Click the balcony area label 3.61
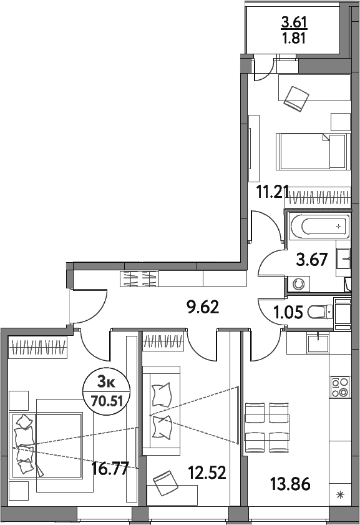click(294, 22)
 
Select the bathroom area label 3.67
click(312, 260)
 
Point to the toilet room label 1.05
click(288, 312)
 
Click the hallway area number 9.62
click(203, 307)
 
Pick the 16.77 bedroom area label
click(110, 469)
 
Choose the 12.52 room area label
click(207, 473)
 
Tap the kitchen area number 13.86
click(290, 484)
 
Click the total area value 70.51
click(107, 400)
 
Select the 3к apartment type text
click(107, 381)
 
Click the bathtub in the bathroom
click(319, 227)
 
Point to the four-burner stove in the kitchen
click(339, 387)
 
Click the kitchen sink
click(318, 343)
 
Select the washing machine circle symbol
click(298, 285)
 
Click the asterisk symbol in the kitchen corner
click(340, 495)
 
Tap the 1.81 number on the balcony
click(294, 39)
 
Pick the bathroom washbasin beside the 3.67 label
click(343, 258)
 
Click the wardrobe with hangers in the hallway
click(140, 278)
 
